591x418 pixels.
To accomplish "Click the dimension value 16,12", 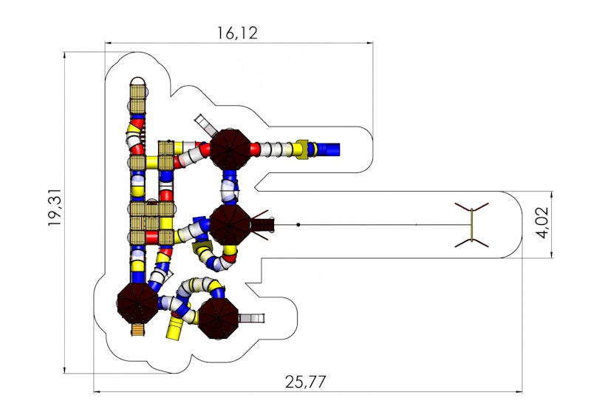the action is pyautogui.click(x=237, y=33).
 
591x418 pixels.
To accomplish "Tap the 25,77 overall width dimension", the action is pyautogui.click(x=305, y=382).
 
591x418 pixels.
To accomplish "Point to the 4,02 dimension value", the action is pyautogui.click(x=543, y=223).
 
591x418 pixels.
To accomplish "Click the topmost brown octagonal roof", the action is pyautogui.click(x=230, y=149).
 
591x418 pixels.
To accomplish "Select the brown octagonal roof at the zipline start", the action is pyautogui.click(x=230, y=225).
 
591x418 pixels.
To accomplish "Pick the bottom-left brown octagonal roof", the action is pyautogui.click(x=137, y=303).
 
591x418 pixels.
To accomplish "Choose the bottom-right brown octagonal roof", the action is pyautogui.click(x=219, y=318).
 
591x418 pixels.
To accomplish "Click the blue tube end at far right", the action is pyautogui.click(x=329, y=149).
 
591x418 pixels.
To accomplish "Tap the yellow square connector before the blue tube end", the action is pyautogui.click(x=301, y=149).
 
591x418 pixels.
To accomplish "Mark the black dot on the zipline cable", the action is pyautogui.click(x=298, y=225).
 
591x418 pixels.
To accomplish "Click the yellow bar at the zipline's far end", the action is pyautogui.click(x=471, y=225).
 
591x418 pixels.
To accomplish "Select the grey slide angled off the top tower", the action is pyautogui.click(x=206, y=125).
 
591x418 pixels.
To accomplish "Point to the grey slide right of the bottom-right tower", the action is pyautogui.click(x=252, y=318).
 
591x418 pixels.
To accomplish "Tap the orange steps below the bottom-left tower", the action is pyautogui.click(x=137, y=330).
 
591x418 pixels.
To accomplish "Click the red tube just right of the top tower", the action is pyautogui.click(x=255, y=149).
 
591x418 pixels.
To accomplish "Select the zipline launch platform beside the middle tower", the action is pyautogui.click(x=265, y=225).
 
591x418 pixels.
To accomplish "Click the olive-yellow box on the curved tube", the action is pyautogui.click(x=202, y=249).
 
